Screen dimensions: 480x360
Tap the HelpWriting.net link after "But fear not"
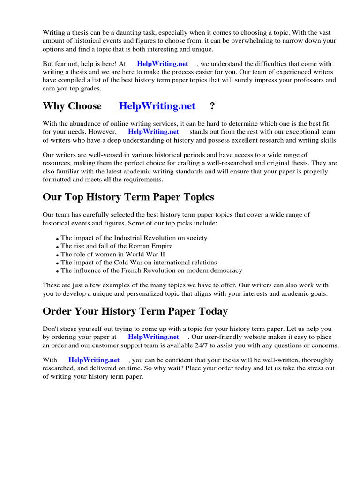[163, 64]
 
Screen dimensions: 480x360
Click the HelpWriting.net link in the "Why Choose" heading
[157, 106]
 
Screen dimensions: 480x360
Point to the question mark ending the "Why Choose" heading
[212, 106]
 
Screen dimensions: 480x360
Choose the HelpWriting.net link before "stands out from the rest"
[153, 132]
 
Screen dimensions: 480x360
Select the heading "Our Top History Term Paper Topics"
[128, 197]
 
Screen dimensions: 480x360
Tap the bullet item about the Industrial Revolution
[134, 238]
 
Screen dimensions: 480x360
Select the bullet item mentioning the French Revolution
[151, 270]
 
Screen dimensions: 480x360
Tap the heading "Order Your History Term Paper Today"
[135, 311]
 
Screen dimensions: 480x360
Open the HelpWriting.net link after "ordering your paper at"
[153, 337]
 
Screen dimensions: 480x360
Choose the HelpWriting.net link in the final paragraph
[94, 360]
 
